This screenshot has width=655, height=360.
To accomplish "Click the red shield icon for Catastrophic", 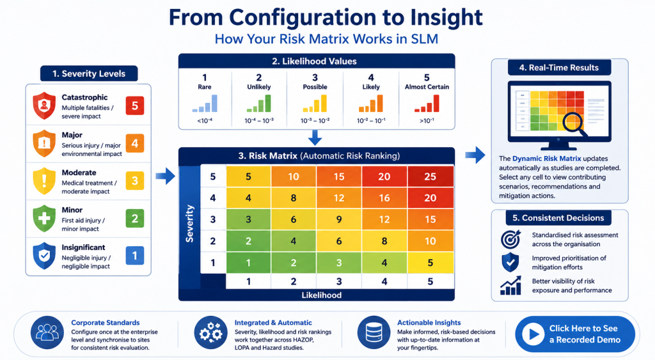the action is (x=44, y=106).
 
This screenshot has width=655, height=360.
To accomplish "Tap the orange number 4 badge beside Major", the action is (x=134, y=143).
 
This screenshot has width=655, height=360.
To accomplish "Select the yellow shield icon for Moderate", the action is (x=44, y=181).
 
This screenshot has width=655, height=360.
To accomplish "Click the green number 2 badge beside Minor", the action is (x=134, y=219).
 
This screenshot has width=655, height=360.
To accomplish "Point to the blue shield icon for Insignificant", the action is (x=44, y=256).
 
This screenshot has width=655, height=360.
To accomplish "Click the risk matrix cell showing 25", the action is (x=430, y=176).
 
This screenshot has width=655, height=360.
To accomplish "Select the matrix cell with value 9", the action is (x=339, y=219).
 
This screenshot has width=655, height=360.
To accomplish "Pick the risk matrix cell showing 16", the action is (x=384, y=198).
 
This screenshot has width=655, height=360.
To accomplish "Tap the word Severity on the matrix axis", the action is (x=189, y=223).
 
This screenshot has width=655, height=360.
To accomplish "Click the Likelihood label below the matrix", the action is (x=321, y=295).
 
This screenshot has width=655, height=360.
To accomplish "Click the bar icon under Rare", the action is (x=205, y=104).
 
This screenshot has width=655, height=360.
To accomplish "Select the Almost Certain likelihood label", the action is (x=427, y=87).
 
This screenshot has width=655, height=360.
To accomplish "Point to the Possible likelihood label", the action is (x=315, y=87).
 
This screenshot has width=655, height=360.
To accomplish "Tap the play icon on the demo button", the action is (x=533, y=334).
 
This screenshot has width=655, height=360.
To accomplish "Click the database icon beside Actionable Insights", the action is (x=374, y=333).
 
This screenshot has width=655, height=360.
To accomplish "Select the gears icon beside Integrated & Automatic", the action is (x=210, y=333).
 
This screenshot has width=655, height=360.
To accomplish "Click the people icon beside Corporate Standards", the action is (x=47, y=333).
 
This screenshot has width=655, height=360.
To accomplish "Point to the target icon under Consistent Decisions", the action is (x=511, y=239).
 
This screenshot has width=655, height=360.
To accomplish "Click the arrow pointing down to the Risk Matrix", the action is (x=315, y=137).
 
